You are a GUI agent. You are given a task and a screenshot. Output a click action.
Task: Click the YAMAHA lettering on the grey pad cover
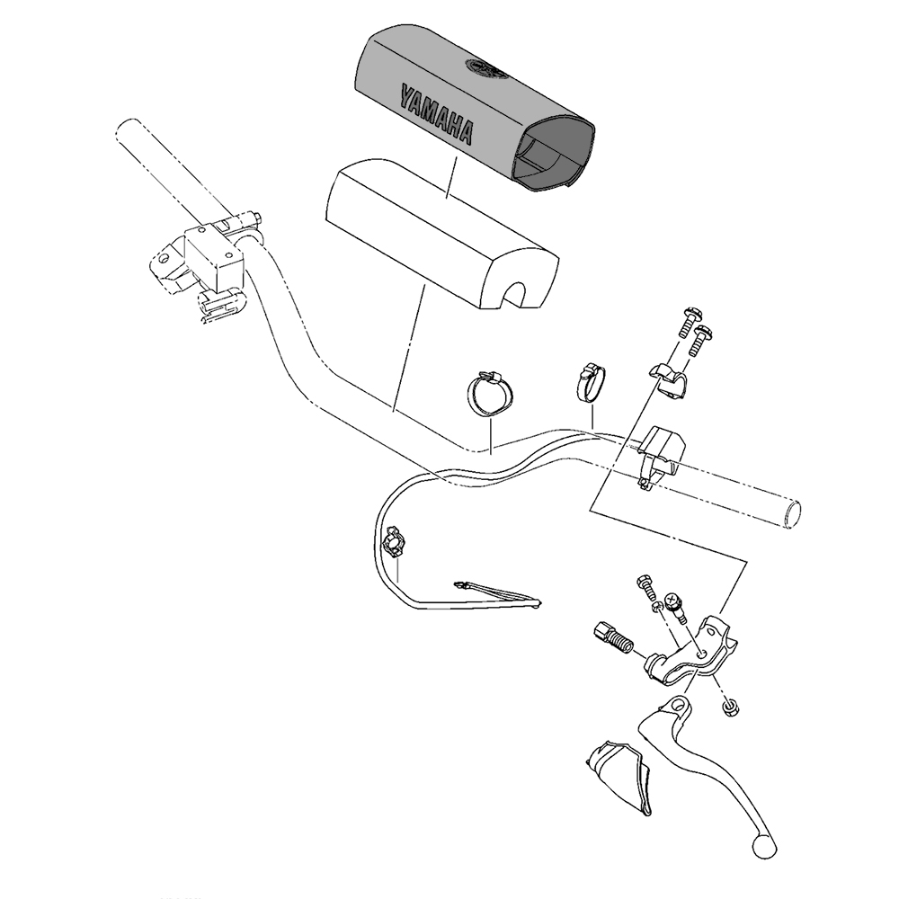pos(437,114)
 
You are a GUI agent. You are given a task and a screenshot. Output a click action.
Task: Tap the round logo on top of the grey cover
pos(484,67)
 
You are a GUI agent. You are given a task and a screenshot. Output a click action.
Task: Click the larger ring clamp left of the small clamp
pos(491,395)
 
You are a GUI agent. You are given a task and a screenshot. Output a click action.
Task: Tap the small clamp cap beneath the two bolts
pos(669,378)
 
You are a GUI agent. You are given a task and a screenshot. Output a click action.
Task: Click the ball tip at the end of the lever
pos(763,845)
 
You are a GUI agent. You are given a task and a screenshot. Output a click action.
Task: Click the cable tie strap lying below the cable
pos(500,594)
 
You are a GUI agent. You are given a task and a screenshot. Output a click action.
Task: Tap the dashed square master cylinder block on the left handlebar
pos(214,256)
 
